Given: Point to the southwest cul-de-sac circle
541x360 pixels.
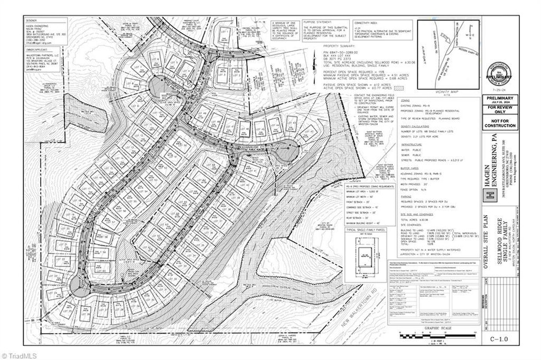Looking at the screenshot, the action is point(80,285).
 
